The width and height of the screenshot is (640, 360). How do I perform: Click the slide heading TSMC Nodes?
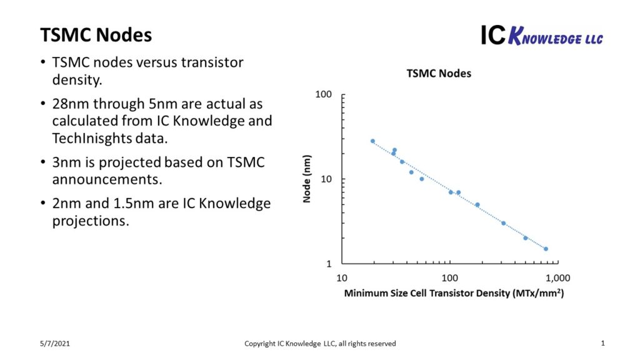coord(96,35)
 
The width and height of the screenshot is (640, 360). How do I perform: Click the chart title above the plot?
coord(439,73)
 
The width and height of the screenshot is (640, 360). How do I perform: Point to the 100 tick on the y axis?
coord(323,94)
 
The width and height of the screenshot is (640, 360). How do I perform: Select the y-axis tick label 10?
coord(326,179)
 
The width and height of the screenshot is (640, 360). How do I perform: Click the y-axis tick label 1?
coord(328,264)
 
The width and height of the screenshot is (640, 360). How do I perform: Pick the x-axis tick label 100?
coord(449,277)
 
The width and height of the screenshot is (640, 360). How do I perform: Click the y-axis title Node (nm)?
coord(307,179)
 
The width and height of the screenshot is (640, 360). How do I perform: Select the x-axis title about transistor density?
coord(454,292)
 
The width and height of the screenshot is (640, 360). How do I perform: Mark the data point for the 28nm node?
coord(372,141)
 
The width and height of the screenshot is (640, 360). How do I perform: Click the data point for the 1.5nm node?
coord(546,249)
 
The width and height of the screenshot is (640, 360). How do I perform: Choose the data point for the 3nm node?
coord(503,223)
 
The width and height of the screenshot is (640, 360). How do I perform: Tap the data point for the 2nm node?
coord(526,238)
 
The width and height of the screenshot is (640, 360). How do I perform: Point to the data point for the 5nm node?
coord(477,204)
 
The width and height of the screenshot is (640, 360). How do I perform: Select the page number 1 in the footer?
coord(602,343)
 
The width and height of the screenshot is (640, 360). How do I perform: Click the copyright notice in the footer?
coord(319,343)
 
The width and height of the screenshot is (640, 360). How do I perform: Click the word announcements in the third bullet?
coord(100,180)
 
